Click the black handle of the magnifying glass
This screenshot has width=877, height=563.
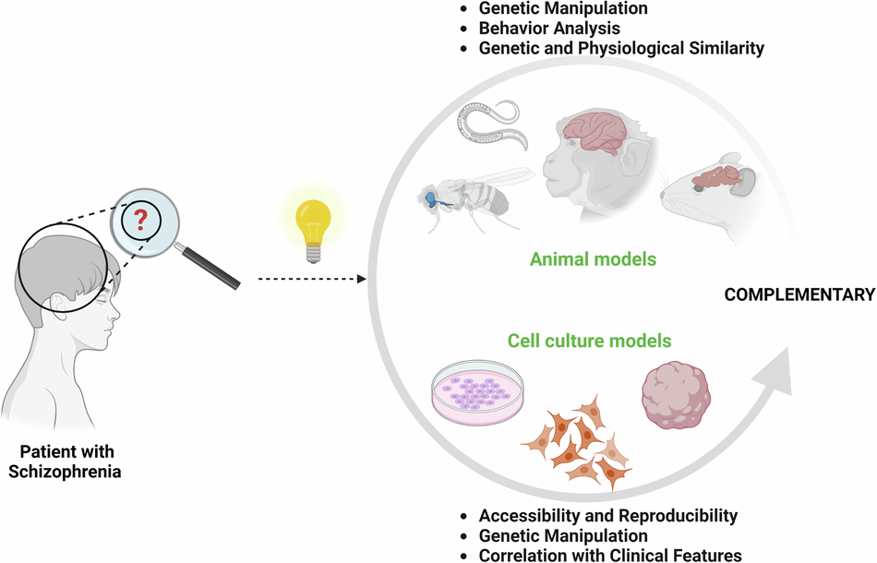tap(213, 268)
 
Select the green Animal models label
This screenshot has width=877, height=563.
tap(593, 259)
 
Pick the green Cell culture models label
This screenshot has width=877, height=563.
tap(589, 341)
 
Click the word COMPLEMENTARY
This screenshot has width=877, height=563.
tap(799, 295)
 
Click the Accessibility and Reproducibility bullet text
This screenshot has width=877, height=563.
tap(608, 515)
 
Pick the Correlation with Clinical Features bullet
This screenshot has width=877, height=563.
tap(610, 556)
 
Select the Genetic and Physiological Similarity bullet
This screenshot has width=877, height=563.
tap(621, 48)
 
